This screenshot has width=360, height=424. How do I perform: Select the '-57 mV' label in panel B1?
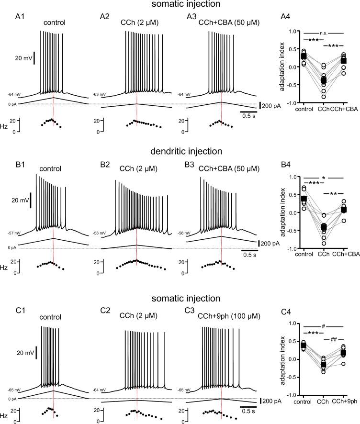click(14, 233)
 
